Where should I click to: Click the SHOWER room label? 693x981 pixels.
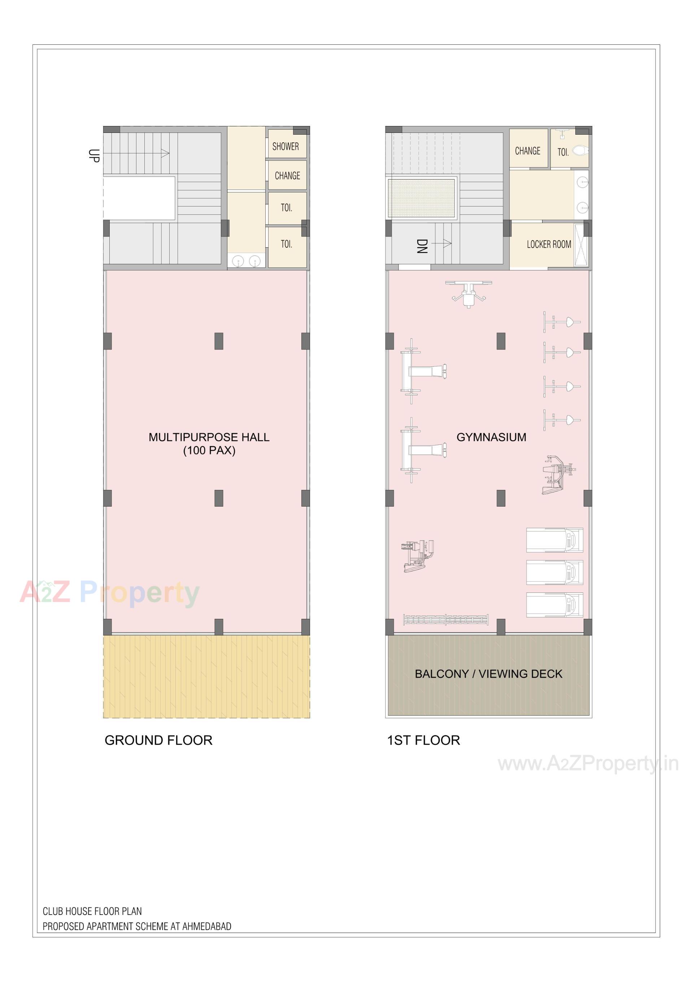286,147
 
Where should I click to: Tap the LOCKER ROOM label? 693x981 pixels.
549,244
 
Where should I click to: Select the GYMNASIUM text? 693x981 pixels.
491,437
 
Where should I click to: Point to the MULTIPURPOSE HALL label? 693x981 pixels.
209,437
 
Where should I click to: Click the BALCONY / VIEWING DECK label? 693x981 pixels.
488,674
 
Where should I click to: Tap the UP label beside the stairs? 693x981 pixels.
93,156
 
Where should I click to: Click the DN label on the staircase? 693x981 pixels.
422,246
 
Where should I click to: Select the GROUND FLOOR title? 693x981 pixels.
158,740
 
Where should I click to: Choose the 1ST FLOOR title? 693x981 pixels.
423,740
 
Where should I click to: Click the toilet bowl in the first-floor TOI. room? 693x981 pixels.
580,151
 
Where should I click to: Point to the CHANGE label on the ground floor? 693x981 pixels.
287,175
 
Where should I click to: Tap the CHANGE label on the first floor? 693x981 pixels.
527,151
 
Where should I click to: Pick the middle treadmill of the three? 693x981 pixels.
554,573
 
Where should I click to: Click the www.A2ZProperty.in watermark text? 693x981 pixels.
588,764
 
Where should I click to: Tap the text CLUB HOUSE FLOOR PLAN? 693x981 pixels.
92,911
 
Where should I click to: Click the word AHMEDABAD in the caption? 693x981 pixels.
207,926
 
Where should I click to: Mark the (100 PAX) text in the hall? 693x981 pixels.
209,450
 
